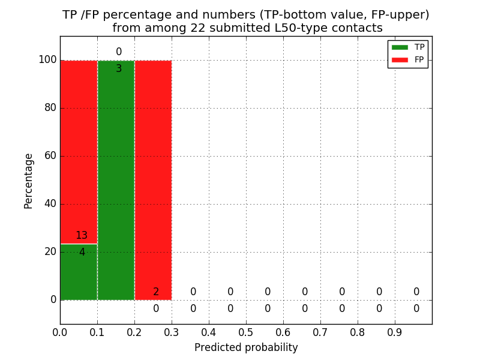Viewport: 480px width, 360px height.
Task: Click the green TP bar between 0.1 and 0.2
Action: (116, 180)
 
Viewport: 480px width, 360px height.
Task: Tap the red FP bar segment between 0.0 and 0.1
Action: (79, 150)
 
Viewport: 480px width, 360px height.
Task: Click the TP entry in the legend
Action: (408, 47)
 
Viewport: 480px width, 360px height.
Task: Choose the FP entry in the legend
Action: (408, 59)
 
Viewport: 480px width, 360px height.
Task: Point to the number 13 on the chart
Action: (82, 236)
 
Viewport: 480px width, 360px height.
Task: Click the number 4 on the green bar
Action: (82, 253)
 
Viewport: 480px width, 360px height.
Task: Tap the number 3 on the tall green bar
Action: (119, 69)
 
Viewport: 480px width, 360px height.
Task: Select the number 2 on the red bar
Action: (156, 292)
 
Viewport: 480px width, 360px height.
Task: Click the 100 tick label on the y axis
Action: (47, 60)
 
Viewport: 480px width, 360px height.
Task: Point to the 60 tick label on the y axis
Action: (50, 156)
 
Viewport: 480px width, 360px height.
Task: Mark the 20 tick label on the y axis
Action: (50, 252)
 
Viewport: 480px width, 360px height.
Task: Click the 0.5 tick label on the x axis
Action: (246, 332)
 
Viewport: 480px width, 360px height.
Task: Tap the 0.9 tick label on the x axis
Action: (395, 332)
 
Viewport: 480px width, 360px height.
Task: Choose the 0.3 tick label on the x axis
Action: (172, 332)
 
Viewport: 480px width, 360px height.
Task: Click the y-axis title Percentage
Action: (29, 181)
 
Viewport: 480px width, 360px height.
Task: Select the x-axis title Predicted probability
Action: (246, 347)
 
